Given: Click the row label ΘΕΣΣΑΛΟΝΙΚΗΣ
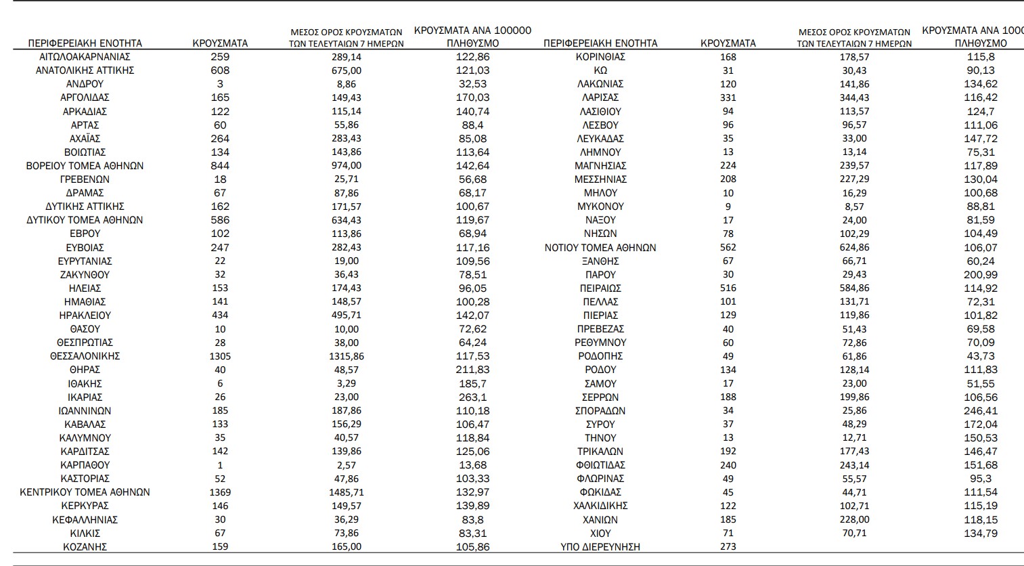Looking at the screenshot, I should pos(85,356).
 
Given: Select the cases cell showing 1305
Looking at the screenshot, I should pos(220,356).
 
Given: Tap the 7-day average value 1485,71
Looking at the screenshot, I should pos(346,492).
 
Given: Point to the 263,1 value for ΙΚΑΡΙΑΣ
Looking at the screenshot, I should pos(472,397).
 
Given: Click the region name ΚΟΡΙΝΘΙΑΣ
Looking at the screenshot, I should pos(600,57).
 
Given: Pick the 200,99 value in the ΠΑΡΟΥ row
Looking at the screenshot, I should pos(981,275).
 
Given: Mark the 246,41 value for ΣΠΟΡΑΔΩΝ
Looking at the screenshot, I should pos(981,411).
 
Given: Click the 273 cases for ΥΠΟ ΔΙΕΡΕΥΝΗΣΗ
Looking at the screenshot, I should pos(728,546).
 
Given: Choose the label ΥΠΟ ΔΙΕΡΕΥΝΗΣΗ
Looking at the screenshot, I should pos(600,546).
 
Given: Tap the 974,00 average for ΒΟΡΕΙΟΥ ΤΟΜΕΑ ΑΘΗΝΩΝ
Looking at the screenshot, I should pos(346,166).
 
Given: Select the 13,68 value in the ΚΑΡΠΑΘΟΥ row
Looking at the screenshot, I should pos(472,465).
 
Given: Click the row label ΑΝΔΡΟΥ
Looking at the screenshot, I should pos(85,84).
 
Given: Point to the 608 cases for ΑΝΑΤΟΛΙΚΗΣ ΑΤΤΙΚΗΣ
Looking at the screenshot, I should pos(220,70).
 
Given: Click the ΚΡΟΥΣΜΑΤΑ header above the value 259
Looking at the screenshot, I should pos(220,43).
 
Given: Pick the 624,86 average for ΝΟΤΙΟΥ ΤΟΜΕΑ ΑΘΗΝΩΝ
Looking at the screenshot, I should pos(854,248).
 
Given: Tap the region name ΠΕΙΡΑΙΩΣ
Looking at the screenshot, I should pos(600,288).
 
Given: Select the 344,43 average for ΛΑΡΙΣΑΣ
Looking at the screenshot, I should pos(854,97).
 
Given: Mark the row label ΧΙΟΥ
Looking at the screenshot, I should pos(600,533).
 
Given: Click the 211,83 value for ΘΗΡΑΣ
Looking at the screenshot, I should pos(472,370).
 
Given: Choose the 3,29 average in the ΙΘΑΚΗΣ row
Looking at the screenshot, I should pos(346,384).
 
